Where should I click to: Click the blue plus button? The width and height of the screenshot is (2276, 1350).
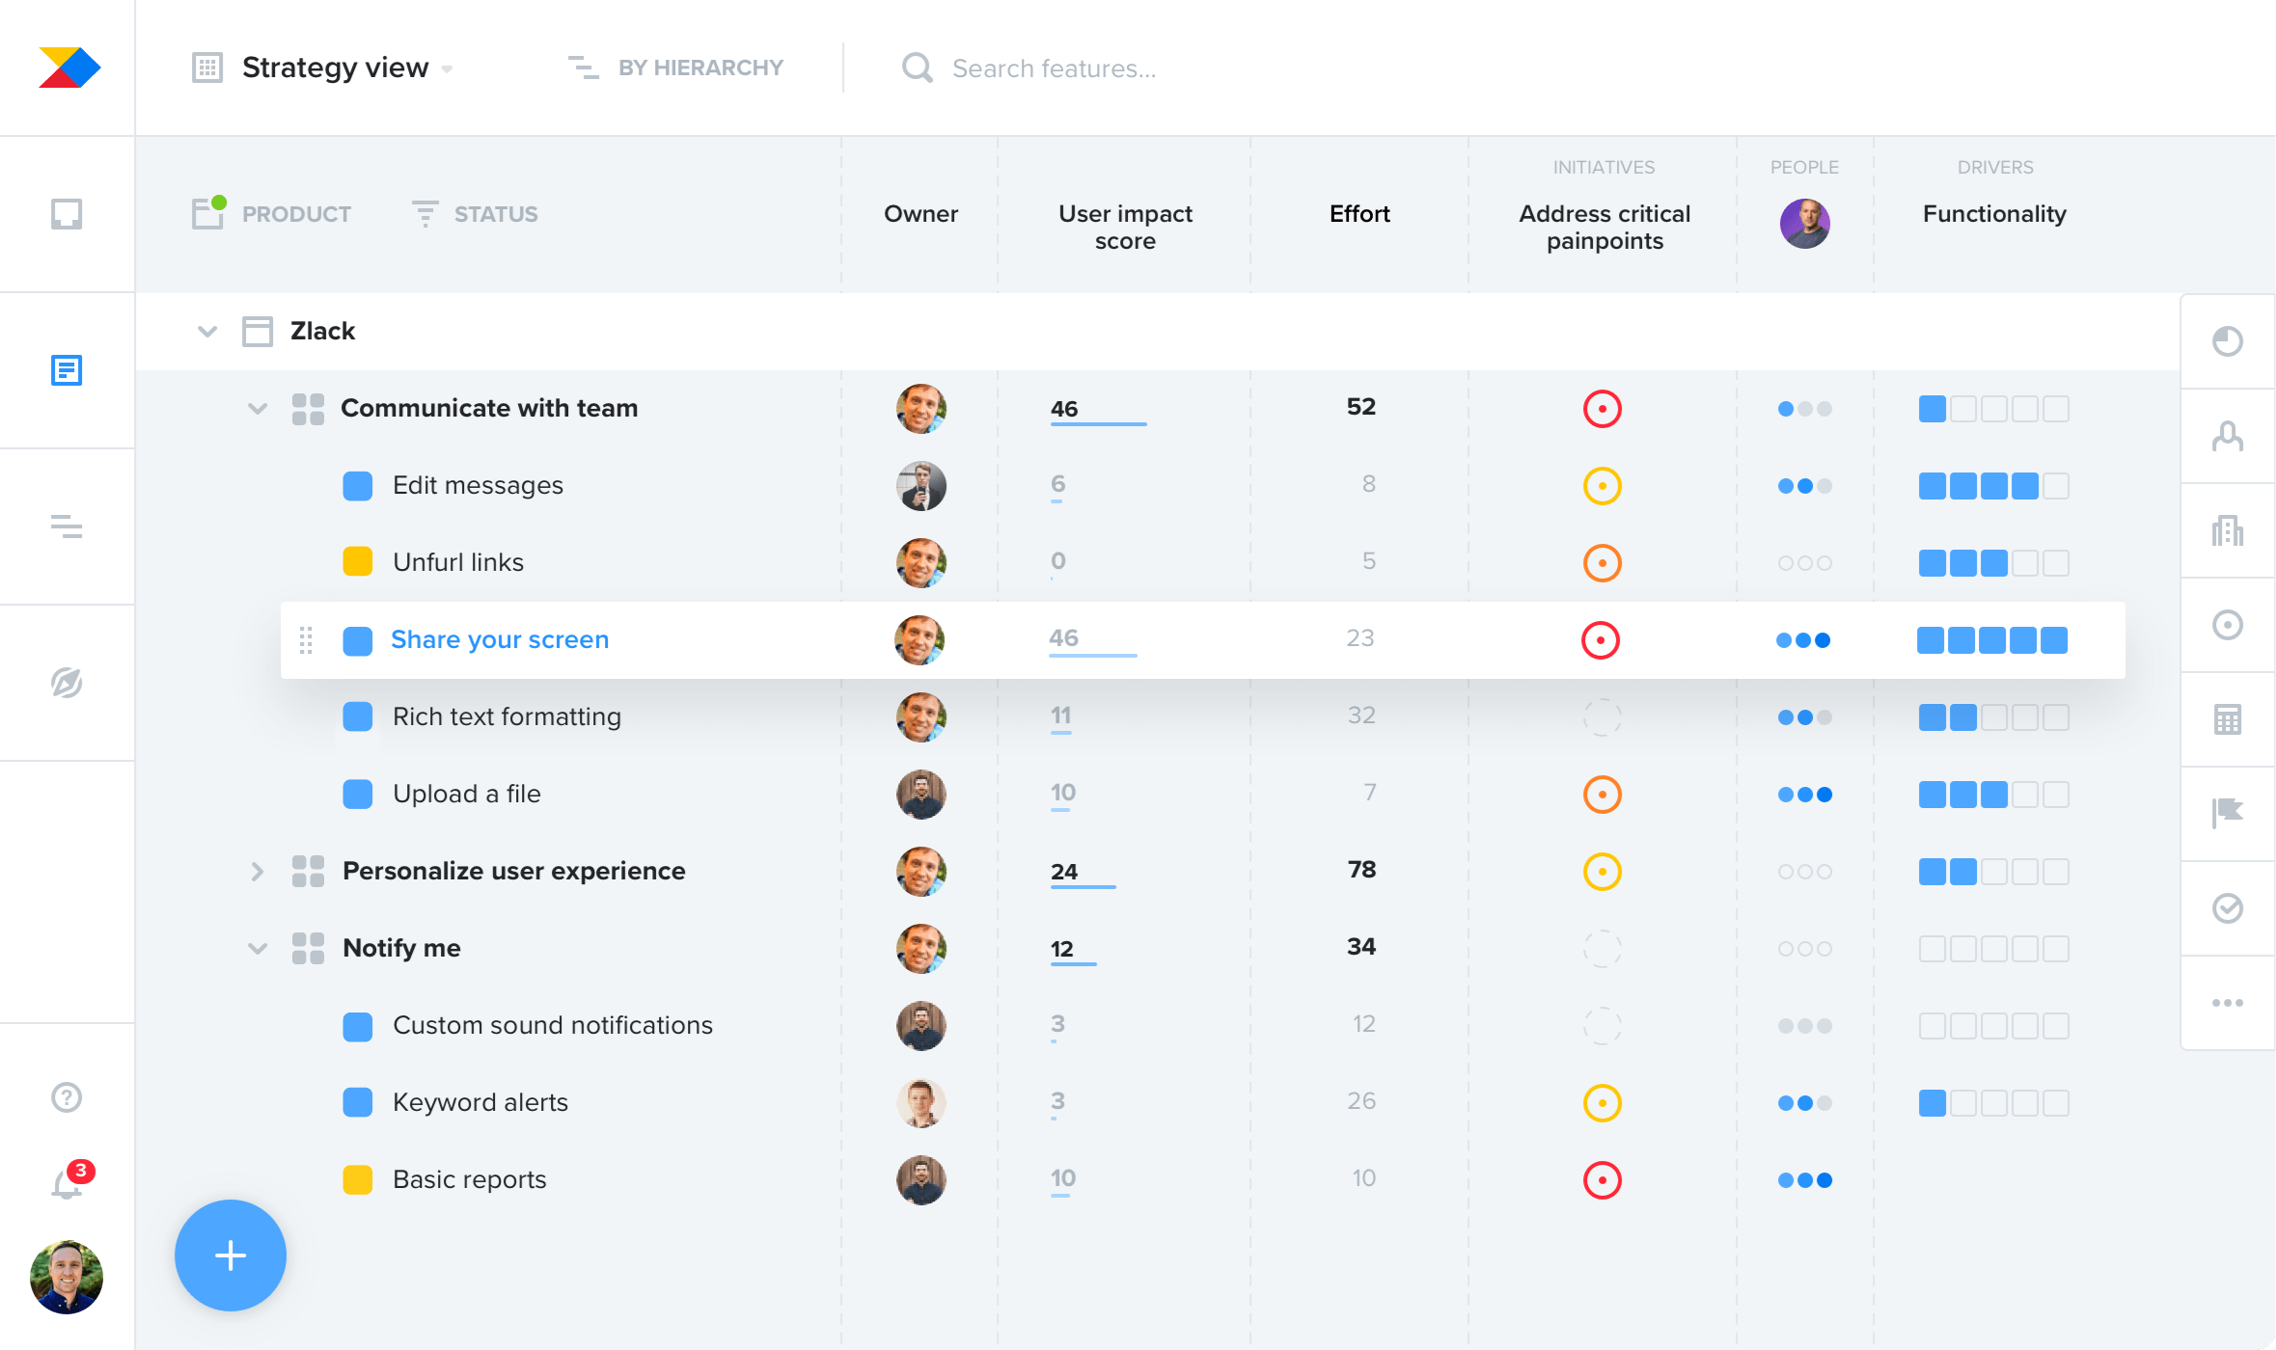(231, 1255)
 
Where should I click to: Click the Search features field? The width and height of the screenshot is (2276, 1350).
(1054, 68)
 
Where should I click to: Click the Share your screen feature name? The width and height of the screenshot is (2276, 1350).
(500, 640)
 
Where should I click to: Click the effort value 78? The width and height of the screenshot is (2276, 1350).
(1361, 870)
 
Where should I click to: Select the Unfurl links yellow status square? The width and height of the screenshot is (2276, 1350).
(358, 562)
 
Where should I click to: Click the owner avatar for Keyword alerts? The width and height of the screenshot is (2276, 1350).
(921, 1103)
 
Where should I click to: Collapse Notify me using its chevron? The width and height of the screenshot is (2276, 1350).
(258, 949)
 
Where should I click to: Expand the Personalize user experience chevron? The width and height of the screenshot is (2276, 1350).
(258, 872)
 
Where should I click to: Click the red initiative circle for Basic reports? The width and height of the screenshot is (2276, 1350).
(1603, 1180)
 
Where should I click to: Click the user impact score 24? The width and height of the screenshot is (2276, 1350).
(1064, 872)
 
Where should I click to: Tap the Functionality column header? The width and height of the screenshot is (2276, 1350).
(1994, 214)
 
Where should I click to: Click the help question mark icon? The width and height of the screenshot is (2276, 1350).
(67, 1097)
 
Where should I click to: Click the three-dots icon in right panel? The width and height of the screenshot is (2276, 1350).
(2228, 1003)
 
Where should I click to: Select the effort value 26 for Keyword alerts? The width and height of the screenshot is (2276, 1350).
(1361, 1101)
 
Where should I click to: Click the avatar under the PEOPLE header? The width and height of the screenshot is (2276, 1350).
(1804, 224)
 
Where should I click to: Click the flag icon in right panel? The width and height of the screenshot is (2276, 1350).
(2228, 813)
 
